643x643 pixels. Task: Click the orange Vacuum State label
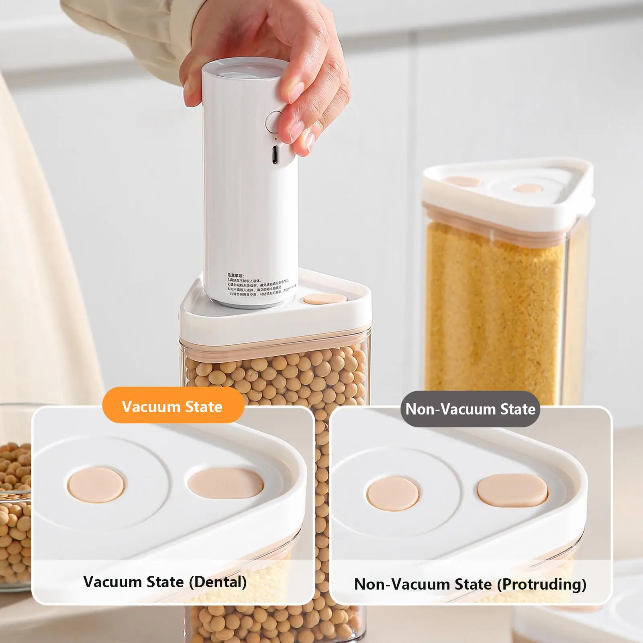173,406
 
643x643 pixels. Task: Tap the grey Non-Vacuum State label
470,409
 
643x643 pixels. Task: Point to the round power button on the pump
276,120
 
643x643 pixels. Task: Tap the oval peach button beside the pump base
325,299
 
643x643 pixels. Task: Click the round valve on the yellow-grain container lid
528,188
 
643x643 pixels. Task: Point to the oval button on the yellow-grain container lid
462,181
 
